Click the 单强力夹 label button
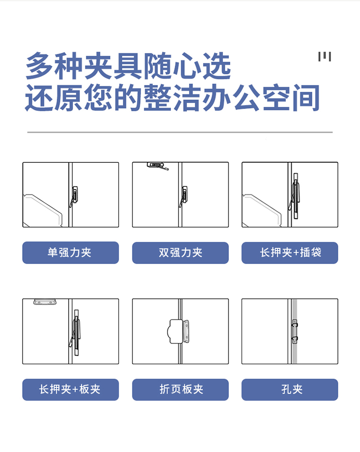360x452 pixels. tap(71, 253)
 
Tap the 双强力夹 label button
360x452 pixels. tap(180, 253)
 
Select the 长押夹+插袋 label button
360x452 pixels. tap(290, 253)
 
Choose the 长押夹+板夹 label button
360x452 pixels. tap(71, 390)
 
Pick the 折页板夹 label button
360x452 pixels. tap(180, 390)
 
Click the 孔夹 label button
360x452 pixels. tap(290, 390)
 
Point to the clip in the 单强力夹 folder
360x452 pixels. tap(74, 196)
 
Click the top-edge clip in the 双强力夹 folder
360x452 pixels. tap(157, 166)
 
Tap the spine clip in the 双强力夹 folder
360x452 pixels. tap(183, 196)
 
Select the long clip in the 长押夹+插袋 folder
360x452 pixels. tap(295, 196)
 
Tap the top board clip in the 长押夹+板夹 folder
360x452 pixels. tap(45, 302)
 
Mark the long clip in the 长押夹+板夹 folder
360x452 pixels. tap(75, 332)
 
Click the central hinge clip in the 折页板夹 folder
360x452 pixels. tap(179, 331)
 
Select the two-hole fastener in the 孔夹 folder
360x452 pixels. tap(295, 331)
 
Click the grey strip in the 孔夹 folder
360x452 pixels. tap(295, 331)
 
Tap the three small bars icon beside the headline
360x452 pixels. tap(324, 57)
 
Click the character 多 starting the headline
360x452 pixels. tap(40, 66)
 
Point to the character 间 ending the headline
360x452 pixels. tap(306, 98)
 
